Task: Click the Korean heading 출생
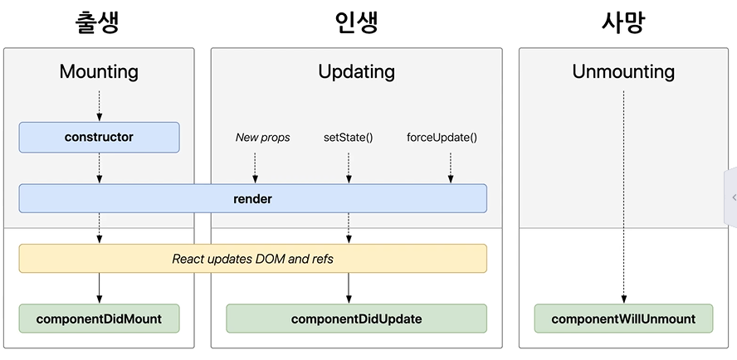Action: click(98, 22)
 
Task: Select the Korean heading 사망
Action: click(622, 22)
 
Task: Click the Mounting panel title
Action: click(99, 71)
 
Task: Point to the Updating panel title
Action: click(356, 71)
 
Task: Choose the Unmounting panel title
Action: click(623, 71)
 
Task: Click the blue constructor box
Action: click(99, 137)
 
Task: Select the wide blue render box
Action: click(252, 199)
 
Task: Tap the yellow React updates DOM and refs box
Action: click(252, 259)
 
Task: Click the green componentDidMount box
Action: click(99, 319)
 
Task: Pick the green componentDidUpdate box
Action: click(356, 319)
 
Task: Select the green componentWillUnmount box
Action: click(623, 319)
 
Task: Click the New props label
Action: click(263, 137)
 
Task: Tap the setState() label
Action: click(348, 137)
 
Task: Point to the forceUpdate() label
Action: click(442, 137)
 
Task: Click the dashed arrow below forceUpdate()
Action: click(451, 166)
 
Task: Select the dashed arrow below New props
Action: click(256, 166)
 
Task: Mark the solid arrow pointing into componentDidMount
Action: click(99, 288)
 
